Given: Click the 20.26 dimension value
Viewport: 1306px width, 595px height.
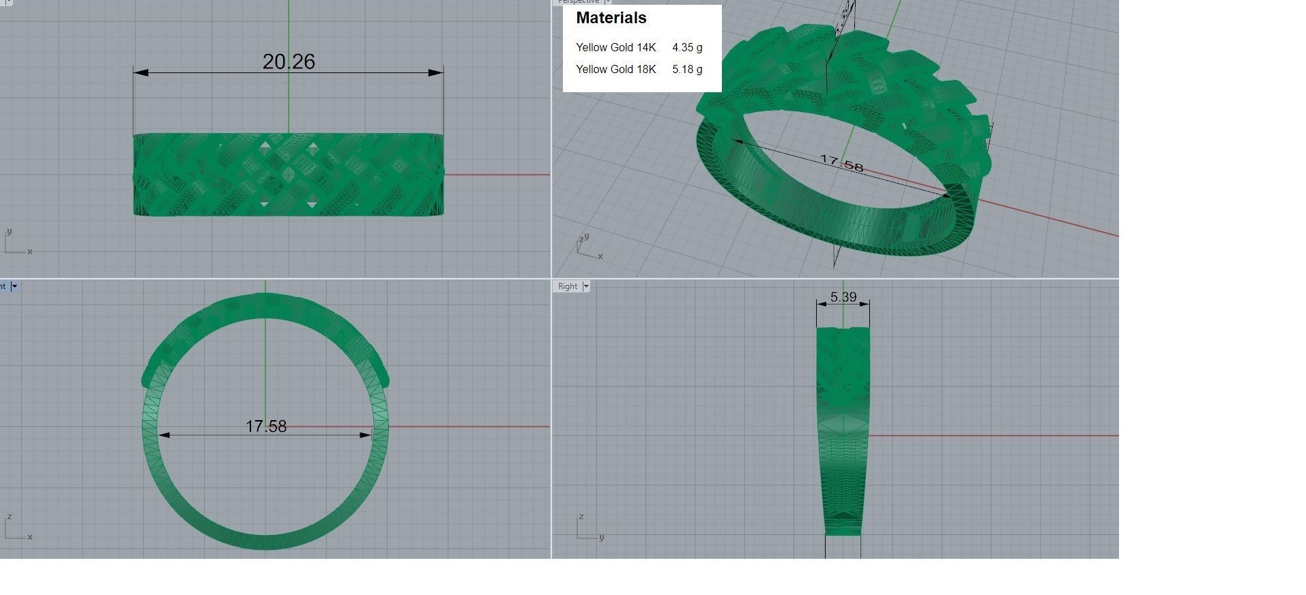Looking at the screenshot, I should pos(289,61).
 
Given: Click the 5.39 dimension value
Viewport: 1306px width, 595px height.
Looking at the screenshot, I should pos(843,297).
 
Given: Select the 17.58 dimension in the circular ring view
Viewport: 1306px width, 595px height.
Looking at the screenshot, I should pos(266,426).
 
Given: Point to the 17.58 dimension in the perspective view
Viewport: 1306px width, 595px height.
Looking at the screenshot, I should pos(841,165).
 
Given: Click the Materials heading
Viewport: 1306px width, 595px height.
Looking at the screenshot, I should pos(611,18).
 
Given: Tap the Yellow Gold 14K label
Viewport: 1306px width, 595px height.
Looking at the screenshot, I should pos(615,48).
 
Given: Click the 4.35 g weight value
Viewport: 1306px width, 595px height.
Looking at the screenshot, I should pos(686,48).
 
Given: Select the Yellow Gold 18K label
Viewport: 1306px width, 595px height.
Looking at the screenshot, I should pos(615,70).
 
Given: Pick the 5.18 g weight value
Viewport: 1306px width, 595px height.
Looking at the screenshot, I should pos(686,70).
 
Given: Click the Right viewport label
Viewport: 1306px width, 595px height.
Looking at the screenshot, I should pos(567,286).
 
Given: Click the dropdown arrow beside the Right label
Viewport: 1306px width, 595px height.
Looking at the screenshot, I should pos(585,286).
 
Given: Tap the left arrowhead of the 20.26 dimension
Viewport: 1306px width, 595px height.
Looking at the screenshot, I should pos(141,72).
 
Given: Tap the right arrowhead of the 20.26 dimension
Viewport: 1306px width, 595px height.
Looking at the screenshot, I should pos(435,72).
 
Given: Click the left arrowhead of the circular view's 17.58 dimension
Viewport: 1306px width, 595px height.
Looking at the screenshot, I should pos(164,434).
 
